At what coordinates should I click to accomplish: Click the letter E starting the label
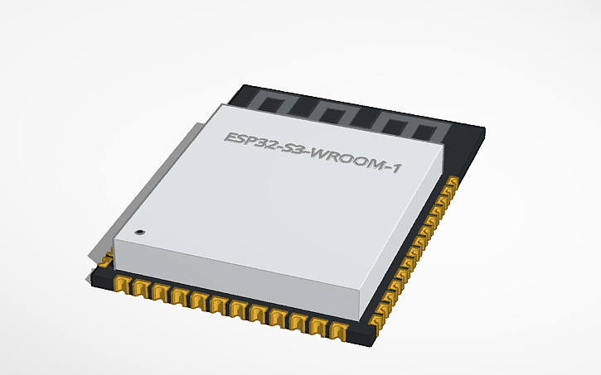(x=229, y=137)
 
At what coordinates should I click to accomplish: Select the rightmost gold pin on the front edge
(x=338, y=330)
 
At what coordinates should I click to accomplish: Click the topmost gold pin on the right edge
(x=453, y=183)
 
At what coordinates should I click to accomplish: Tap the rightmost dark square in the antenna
(x=425, y=132)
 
